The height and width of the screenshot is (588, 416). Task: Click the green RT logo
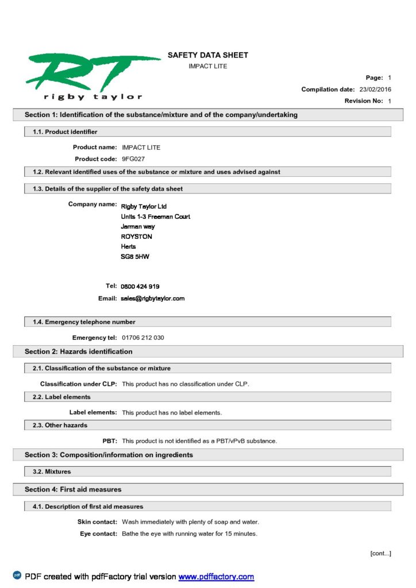92,72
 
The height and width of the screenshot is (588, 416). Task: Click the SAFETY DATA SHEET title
208,55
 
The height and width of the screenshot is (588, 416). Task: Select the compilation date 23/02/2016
375,89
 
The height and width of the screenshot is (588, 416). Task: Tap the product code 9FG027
133,158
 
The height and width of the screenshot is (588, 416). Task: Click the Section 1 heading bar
161,115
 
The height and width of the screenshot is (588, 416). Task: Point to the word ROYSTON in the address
137,237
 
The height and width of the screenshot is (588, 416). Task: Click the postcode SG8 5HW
135,257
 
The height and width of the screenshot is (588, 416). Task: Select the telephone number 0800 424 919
140,286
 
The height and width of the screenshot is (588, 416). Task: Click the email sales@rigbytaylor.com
153,299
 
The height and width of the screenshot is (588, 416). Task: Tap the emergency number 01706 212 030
143,338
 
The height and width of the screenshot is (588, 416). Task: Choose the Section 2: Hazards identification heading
78,351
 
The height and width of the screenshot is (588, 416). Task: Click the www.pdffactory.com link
216,577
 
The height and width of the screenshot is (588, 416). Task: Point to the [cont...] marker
380,553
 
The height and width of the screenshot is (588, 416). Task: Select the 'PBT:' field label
110,440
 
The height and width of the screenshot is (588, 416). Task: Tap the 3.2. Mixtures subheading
52,471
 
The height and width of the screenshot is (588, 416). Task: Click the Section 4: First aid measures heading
73,489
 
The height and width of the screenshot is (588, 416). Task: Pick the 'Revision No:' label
364,101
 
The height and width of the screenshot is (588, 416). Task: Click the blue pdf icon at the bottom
17,575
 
